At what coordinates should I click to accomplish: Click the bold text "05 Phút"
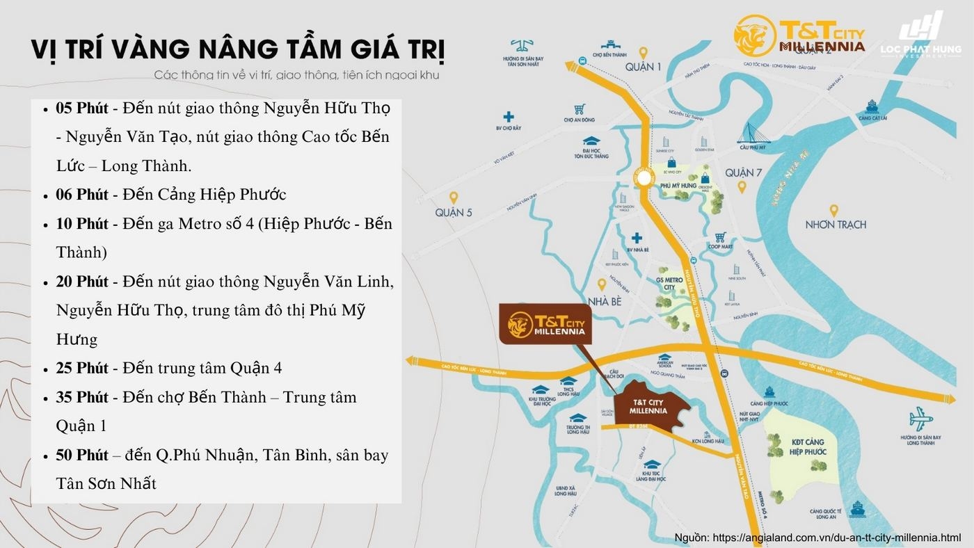[82, 108]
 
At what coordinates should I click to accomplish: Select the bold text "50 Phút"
[82, 455]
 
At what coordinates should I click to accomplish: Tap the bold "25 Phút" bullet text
[82, 368]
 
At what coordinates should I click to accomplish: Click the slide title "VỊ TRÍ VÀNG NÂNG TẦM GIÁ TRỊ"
[238, 51]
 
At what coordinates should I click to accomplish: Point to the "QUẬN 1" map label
[643, 67]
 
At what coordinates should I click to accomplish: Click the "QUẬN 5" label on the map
[454, 212]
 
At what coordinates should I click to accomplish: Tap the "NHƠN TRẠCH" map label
[836, 225]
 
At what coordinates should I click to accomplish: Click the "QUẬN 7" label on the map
[743, 172]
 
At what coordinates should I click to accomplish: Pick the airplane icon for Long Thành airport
[920, 419]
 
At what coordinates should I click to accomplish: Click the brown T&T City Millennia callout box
[545, 324]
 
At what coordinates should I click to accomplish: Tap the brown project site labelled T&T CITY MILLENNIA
[650, 407]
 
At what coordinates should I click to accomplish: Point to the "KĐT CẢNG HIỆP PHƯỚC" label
[808, 446]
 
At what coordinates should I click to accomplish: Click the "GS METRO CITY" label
[669, 283]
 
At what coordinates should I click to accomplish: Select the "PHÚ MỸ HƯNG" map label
[679, 185]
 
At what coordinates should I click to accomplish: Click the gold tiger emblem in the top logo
[754, 35]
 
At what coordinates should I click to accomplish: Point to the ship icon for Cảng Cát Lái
[870, 107]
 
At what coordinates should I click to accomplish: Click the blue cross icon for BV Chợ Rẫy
[509, 117]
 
